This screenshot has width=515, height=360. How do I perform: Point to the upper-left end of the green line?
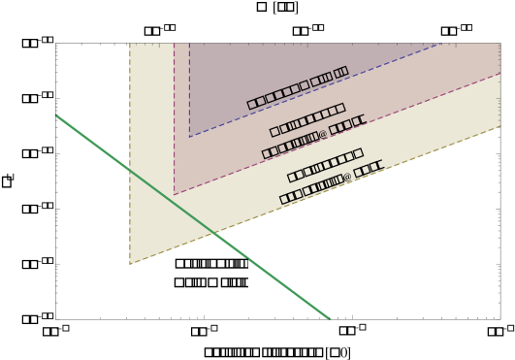click(56, 115)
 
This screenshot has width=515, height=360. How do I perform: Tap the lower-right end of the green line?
click(330, 318)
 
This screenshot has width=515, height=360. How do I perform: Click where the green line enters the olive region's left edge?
click(129, 170)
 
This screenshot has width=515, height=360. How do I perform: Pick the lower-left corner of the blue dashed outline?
click(189, 137)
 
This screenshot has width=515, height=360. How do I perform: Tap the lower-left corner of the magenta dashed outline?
click(175, 194)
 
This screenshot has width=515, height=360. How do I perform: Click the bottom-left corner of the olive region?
click(129, 265)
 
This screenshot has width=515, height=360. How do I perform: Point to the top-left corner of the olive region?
click(130, 44)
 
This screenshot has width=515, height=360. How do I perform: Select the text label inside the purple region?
click(297, 87)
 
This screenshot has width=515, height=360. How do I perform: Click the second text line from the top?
click(306, 119)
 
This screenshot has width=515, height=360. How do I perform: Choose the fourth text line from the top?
click(324, 164)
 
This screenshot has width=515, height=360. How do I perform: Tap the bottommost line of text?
click(331, 183)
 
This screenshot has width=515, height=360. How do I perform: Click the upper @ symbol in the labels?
click(323, 135)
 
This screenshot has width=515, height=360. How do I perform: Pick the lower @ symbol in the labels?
click(347, 178)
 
